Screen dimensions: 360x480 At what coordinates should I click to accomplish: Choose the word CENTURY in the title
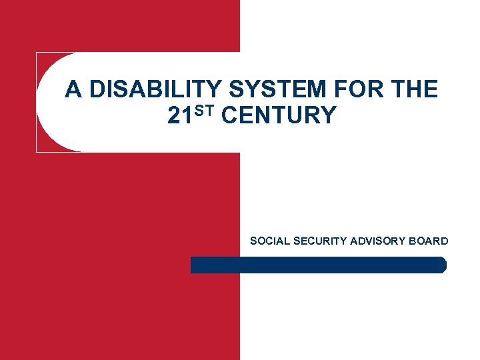point(279,116)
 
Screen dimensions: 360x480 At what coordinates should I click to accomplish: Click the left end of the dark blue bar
point(193,265)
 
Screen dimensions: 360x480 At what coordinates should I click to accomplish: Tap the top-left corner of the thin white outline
point(37,53)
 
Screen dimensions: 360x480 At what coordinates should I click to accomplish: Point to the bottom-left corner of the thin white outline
point(37,151)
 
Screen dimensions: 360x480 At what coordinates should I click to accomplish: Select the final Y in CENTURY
point(329,116)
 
